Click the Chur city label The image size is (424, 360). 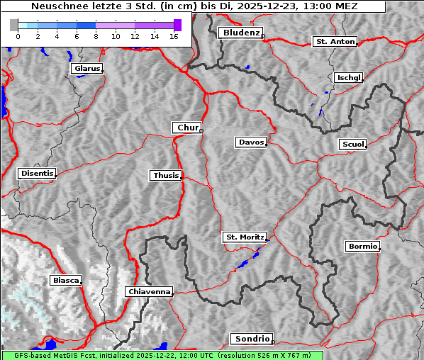(x=187, y=128)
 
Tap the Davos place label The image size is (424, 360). (x=251, y=142)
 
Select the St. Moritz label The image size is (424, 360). (x=244, y=237)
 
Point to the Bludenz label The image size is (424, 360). (x=240, y=33)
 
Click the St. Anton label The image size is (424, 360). (x=335, y=42)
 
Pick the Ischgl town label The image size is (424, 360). (x=348, y=77)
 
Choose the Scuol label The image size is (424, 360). (x=352, y=144)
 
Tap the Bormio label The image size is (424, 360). (x=362, y=247)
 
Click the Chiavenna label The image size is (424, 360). (x=149, y=291)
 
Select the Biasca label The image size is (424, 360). (x=65, y=281)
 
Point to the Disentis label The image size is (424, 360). (x=37, y=173)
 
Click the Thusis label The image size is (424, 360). (x=166, y=175)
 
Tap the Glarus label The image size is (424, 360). (x=86, y=69)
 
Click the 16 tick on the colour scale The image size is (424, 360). (x=174, y=35)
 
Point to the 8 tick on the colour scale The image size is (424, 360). (x=96, y=35)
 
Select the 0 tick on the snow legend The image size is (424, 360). (x=18, y=35)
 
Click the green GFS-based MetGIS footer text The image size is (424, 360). (x=162, y=355)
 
